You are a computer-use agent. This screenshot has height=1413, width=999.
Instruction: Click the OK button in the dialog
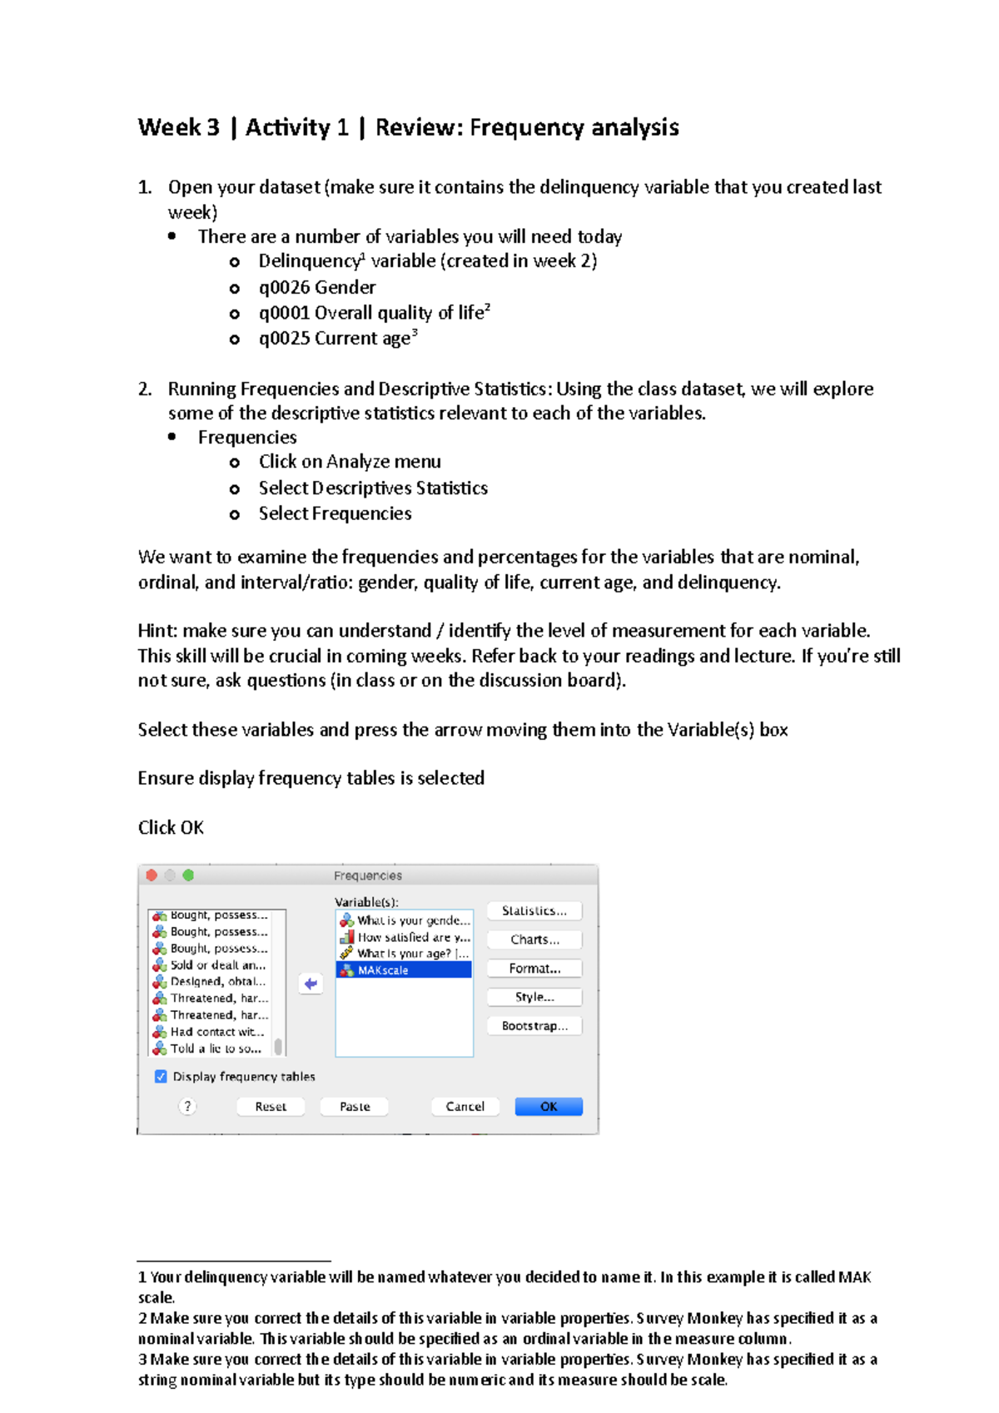(549, 1106)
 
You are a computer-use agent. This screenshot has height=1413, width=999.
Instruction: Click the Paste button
(355, 1106)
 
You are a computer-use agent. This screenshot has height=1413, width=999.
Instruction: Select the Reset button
(271, 1106)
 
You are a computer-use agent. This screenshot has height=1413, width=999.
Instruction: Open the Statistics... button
(534, 910)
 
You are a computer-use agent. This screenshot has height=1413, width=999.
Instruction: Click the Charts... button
(534, 940)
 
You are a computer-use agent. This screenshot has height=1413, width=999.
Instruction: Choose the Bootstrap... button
(534, 1026)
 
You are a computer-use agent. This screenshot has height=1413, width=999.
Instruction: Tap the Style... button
(534, 997)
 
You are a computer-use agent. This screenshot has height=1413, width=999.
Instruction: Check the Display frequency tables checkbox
(161, 1076)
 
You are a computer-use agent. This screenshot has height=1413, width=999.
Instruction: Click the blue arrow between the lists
(311, 984)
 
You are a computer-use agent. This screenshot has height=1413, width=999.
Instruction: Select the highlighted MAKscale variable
(404, 970)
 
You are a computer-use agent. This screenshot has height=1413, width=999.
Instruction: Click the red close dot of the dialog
(152, 875)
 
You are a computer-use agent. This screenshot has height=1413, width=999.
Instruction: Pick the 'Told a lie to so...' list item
(216, 1049)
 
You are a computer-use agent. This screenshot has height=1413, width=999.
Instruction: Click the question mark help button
(187, 1106)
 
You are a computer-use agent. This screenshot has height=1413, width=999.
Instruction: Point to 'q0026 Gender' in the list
(317, 287)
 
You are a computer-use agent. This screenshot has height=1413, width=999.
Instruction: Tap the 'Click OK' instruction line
(171, 827)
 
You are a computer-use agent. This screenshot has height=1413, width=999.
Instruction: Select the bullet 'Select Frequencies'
(335, 513)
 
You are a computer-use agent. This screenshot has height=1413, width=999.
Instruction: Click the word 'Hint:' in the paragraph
(157, 631)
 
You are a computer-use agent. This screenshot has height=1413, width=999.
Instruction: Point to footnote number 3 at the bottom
(142, 1359)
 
